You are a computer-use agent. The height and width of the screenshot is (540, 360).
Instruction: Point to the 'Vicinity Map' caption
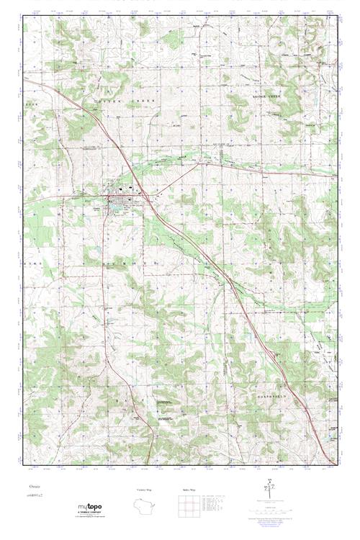(145, 490)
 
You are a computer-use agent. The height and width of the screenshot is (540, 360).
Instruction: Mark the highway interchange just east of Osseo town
(147, 196)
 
